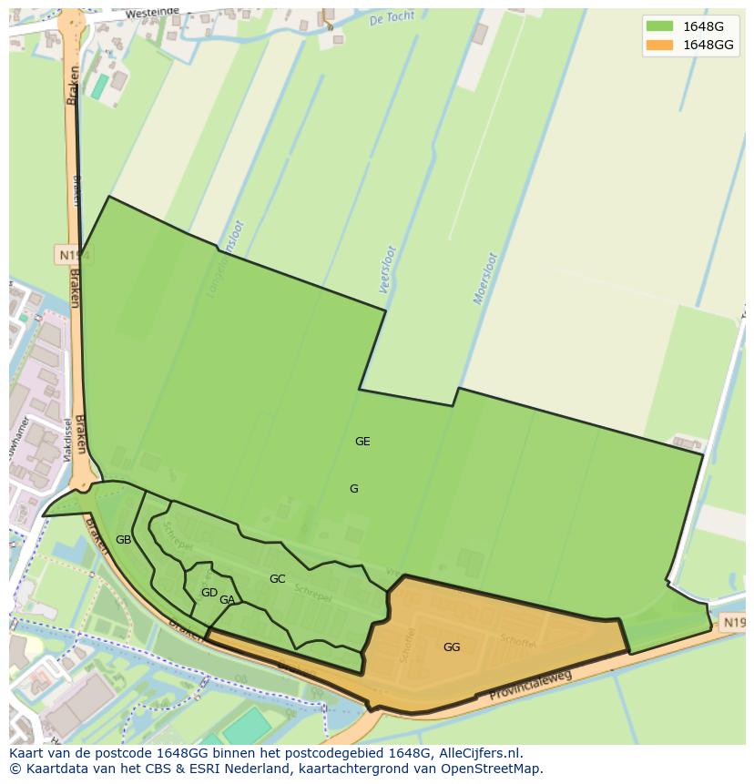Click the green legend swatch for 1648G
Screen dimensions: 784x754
(x=659, y=25)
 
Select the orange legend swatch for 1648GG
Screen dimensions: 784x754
(x=659, y=45)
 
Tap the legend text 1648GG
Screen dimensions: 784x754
(x=708, y=45)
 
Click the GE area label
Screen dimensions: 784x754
(x=362, y=442)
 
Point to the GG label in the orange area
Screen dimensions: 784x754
(x=452, y=647)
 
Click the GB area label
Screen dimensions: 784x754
(x=123, y=540)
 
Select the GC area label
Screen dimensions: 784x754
(x=277, y=579)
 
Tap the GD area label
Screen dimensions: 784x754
(x=209, y=593)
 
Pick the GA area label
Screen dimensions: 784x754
(x=227, y=600)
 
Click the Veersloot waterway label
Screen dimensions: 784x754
(x=387, y=269)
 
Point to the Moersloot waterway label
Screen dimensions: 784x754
(x=485, y=278)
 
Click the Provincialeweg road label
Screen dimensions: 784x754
(x=531, y=687)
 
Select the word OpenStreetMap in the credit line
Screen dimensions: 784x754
(x=490, y=769)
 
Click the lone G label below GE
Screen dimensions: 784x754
(x=353, y=489)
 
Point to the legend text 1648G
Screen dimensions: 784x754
(x=704, y=25)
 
